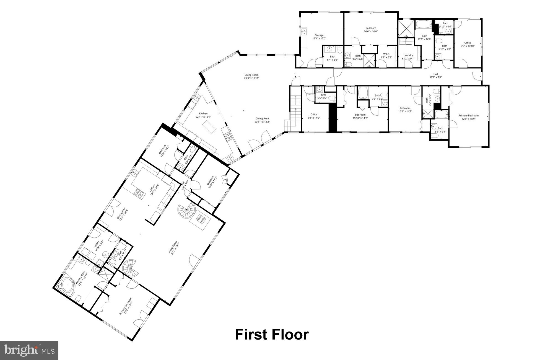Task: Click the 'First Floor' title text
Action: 272,335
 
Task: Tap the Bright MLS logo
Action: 29,350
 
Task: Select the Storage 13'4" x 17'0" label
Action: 319,37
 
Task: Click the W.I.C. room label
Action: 386,56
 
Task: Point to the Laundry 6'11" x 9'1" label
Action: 408,57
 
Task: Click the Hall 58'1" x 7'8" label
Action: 435,76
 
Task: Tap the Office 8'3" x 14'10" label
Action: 468,44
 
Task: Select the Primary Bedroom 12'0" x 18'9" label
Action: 468,117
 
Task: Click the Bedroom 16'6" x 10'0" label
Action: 371,30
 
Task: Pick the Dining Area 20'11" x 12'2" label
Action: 262,120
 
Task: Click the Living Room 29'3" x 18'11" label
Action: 251,76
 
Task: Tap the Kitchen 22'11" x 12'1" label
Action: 203,115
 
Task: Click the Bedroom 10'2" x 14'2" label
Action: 405,110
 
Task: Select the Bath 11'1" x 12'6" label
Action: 424,37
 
